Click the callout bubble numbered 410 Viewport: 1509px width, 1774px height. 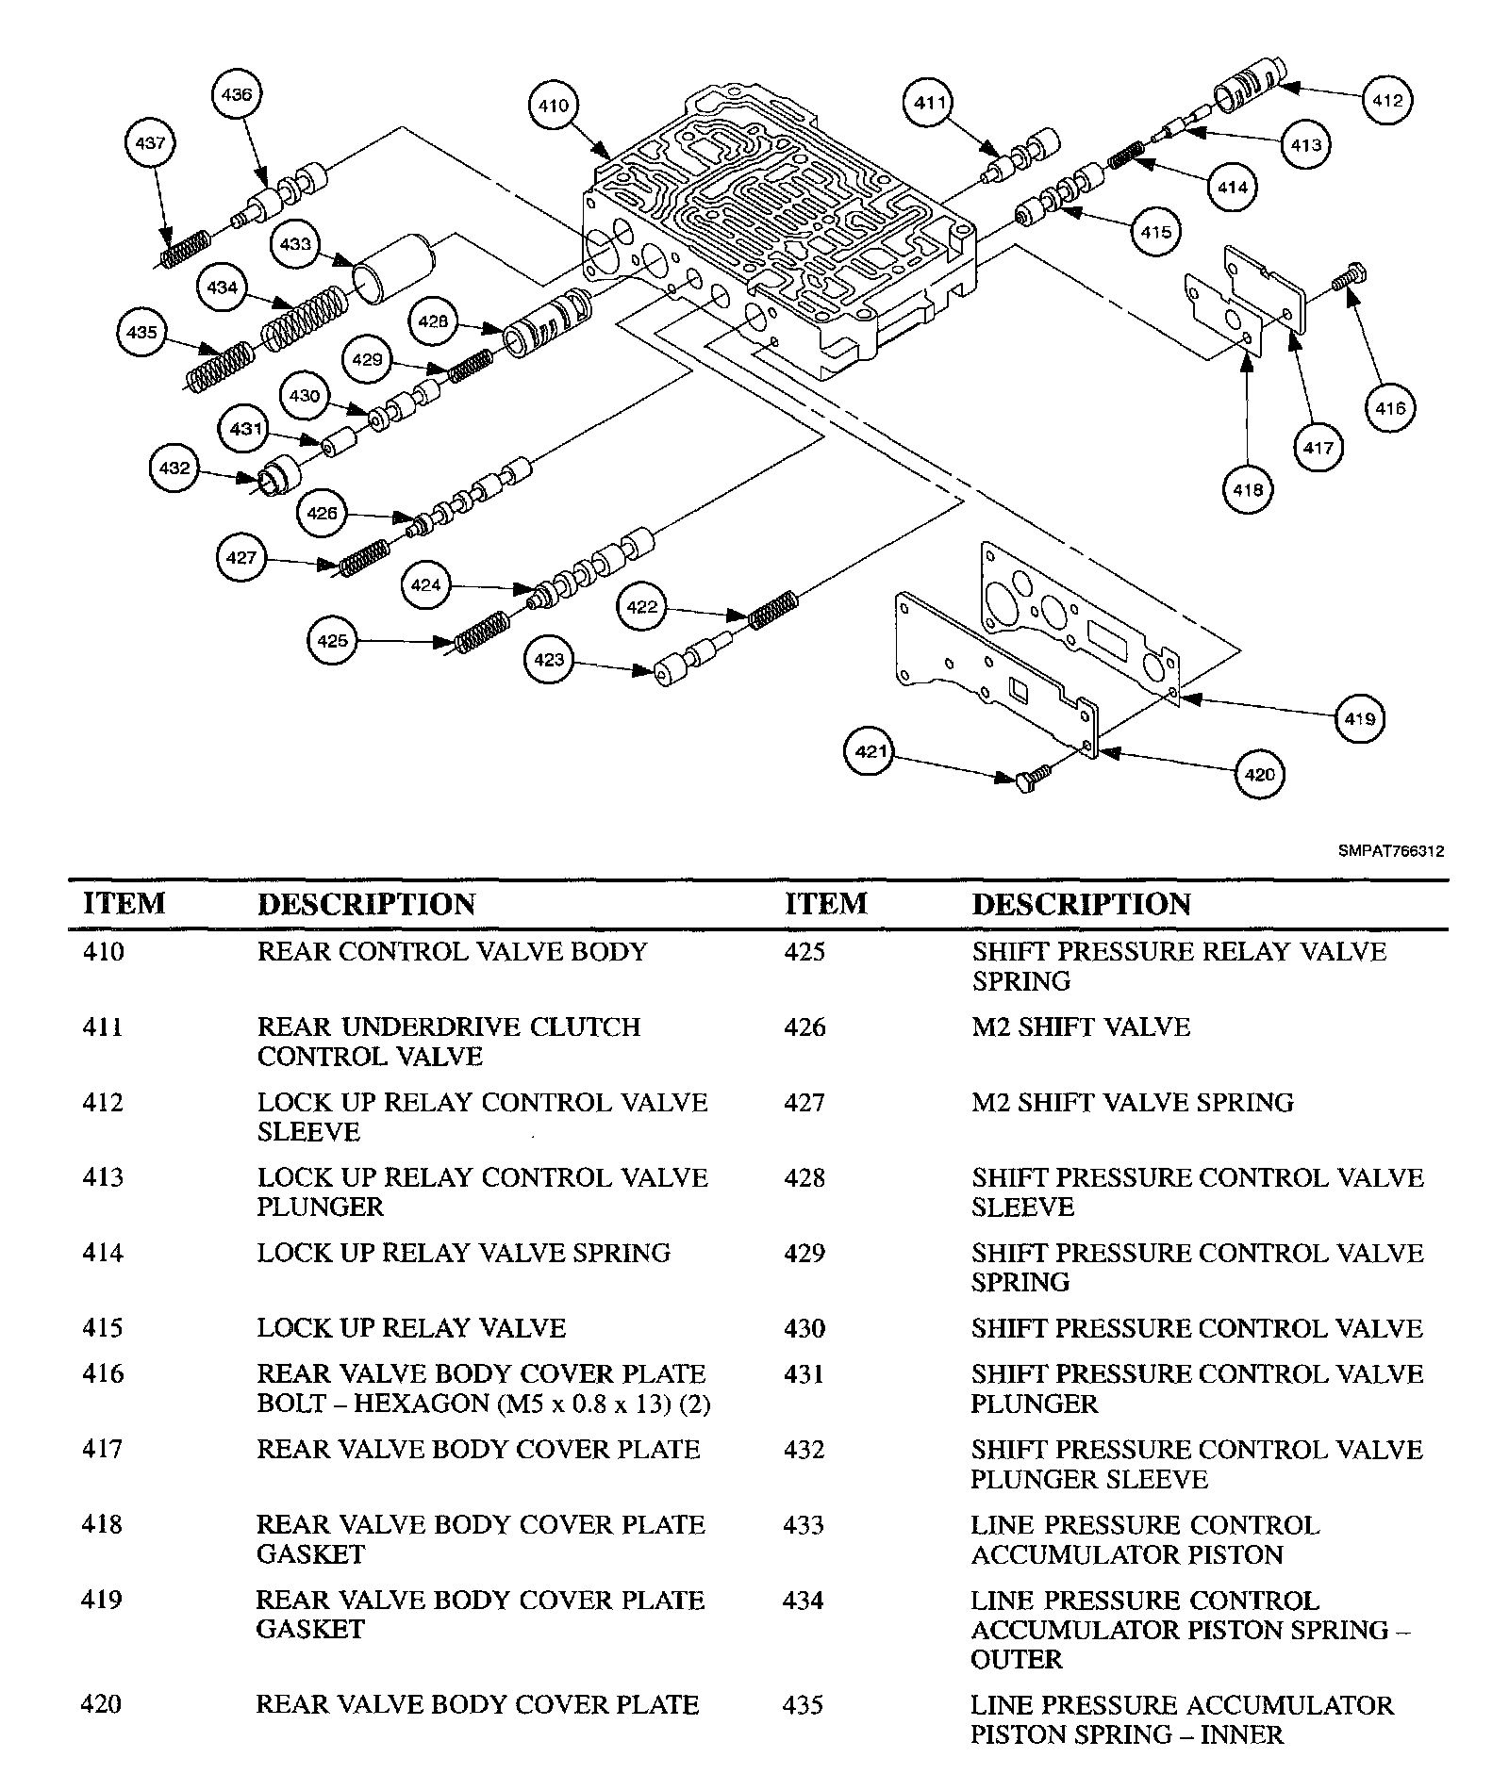(x=554, y=106)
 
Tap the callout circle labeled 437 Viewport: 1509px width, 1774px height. (x=151, y=143)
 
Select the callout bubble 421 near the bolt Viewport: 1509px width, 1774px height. (x=871, y=751)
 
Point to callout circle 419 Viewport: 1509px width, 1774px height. (x=1360, y=719)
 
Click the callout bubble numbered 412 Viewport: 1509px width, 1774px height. (x=1388, y=101)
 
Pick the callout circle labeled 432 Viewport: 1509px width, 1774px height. (x=175, y=468)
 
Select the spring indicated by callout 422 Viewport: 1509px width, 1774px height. (x=774, y=610)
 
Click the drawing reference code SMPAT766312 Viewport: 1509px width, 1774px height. (x=1390, y=851)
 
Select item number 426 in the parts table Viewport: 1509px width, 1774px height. (x=804, y=1027)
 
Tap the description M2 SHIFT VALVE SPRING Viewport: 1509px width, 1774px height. (x=1133, y=1102)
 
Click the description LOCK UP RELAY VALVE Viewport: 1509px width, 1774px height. (x=411, y=1328)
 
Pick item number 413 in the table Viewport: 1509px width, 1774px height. (x=103, y=1177)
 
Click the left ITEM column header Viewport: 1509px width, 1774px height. (x=124, y=904)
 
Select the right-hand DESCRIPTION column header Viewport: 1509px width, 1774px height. (x=1082, y=904)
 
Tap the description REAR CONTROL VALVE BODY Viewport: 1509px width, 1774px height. (x=452, y=952)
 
